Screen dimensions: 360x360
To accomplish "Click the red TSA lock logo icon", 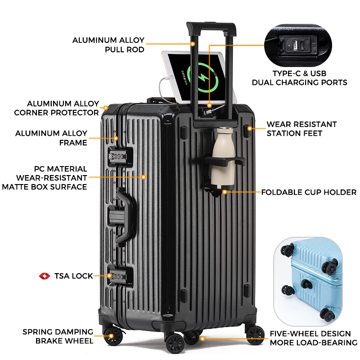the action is (x=45, y=276).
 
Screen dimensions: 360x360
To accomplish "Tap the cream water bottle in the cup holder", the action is (x=223, y=158).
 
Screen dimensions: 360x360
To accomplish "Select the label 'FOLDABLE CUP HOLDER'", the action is (x=309, y=192).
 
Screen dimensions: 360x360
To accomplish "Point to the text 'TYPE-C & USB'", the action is (x=299, y=73).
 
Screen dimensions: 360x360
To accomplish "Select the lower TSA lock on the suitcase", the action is (x=118, y=276).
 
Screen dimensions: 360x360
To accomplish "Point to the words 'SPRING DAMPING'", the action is (x=58, y=332).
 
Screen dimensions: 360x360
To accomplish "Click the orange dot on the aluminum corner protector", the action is (x=105, y=108).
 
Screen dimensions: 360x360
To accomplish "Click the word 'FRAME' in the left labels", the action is (x=73, y=143).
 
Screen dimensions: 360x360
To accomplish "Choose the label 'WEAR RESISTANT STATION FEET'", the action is (x=301, y=129).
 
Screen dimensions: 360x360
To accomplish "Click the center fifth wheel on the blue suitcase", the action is (x=307, y=285).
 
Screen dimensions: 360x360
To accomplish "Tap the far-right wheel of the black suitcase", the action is (x=255, y=335).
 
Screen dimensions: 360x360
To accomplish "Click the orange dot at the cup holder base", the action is (x=224, y=192).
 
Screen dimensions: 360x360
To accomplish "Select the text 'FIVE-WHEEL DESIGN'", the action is (x=310, y=333).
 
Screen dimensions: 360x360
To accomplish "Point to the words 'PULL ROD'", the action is (x=125, y=49).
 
